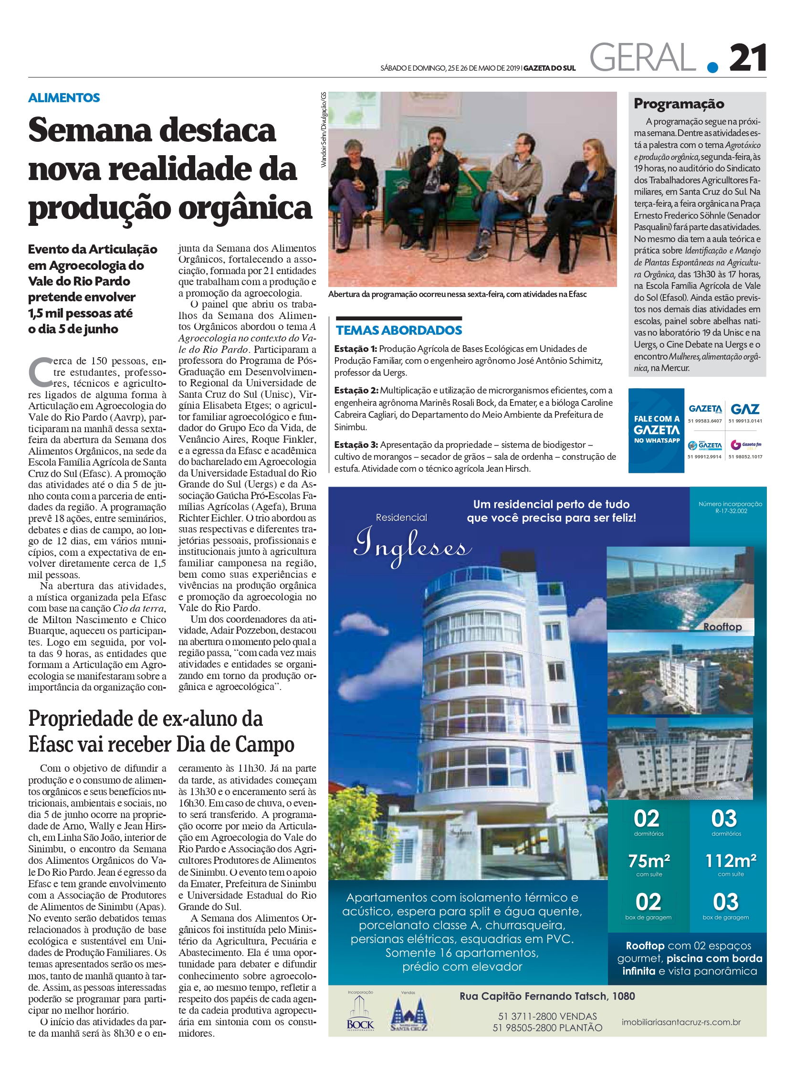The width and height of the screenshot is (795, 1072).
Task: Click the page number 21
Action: point(747,59)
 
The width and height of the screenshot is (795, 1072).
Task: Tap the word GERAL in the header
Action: point(642,58)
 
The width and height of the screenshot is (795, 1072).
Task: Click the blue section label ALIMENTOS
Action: point(64,98)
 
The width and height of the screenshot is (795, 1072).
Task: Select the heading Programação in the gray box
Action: point(679,104)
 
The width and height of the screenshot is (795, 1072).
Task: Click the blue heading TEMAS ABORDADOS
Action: point(398,330)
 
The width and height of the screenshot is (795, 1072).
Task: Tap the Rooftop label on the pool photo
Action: point(722,626)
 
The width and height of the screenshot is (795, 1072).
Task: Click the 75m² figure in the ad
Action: point(649,860)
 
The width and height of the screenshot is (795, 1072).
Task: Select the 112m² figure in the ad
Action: point(731,860)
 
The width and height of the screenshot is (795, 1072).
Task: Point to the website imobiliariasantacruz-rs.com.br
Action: point(681,1022)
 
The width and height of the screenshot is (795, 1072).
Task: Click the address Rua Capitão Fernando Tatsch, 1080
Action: point(547,996)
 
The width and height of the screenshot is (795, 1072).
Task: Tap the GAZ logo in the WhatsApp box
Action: point(745,409)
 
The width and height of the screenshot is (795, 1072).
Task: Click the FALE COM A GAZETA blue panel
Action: point(657,430)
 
